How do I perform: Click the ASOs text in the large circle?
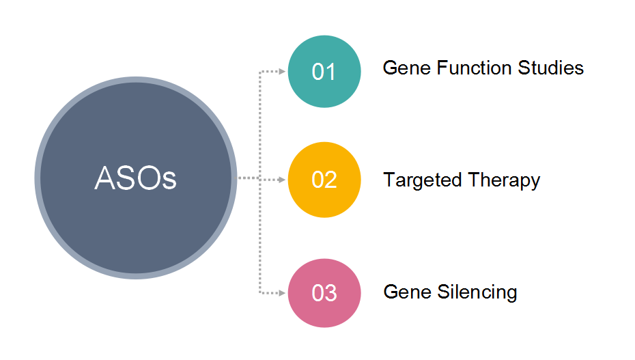tap(136, 178)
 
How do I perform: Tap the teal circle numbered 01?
tap(324, 71)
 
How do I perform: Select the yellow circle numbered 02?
tap(324, 180)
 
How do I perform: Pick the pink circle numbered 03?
tap(324, 293)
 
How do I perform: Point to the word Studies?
tap(551, 68)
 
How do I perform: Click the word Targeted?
tap(423, 180)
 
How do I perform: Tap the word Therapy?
tap(504, 180)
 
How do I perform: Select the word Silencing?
tap(477, 292)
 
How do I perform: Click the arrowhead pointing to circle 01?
tap(282, 71)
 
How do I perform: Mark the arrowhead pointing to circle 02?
tap(282, 180)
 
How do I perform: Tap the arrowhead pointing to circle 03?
tap(282, 293)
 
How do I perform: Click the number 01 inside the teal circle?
tap(324, 72)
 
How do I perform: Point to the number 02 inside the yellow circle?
tap(324, 180)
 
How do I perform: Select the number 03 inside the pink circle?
tap(324, 293)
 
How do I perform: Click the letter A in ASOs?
tap(105, 178)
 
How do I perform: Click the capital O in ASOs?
tap(150, 178)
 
